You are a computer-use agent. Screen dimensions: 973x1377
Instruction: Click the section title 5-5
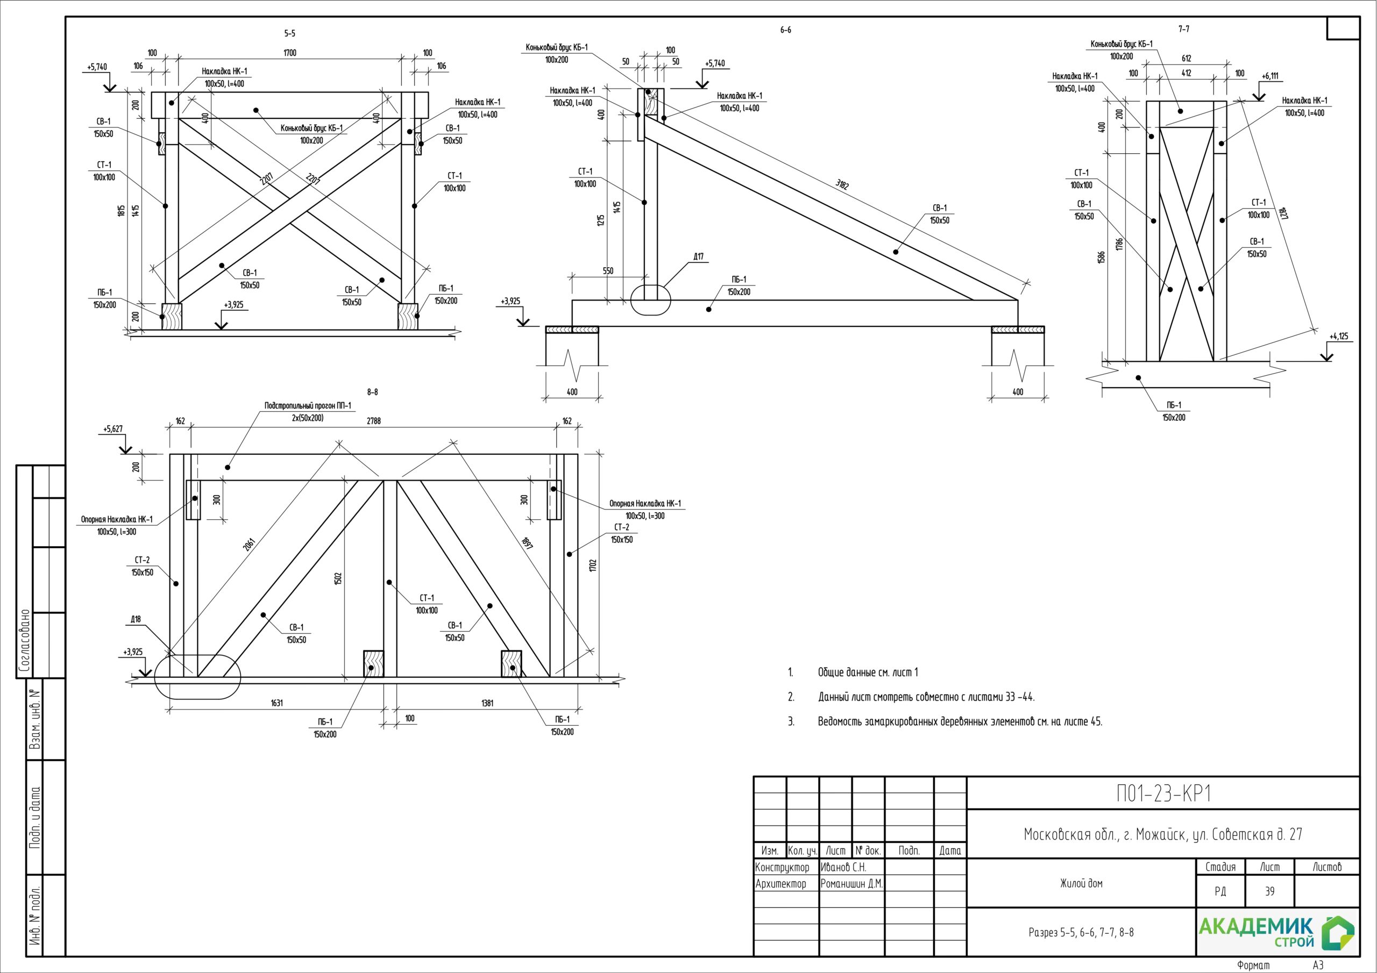290,33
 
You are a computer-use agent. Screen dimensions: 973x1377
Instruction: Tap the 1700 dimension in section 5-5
290,53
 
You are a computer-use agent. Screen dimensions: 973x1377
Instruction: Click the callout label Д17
698,256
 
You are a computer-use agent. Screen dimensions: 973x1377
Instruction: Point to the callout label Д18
136,619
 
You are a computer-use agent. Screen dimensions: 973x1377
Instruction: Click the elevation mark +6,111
1269,76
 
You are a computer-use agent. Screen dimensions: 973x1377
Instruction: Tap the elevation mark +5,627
113,429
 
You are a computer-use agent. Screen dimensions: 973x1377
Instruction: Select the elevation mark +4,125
1339,337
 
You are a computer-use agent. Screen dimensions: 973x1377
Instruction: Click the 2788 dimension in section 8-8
373,421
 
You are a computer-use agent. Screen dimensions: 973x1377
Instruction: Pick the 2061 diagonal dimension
249,545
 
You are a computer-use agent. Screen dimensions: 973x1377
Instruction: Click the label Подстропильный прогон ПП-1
308,406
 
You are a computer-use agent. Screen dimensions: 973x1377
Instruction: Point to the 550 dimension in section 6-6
607,271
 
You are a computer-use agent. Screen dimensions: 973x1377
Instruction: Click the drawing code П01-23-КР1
1163,794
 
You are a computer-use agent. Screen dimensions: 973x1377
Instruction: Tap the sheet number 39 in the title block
1269,891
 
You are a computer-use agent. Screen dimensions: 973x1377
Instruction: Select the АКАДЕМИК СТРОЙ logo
1277,932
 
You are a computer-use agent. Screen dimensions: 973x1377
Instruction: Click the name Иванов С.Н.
843,868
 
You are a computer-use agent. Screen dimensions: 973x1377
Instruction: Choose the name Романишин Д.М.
851,884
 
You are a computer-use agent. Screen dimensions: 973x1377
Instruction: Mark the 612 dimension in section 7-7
1186,59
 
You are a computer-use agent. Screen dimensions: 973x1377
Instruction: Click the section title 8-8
372,392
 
